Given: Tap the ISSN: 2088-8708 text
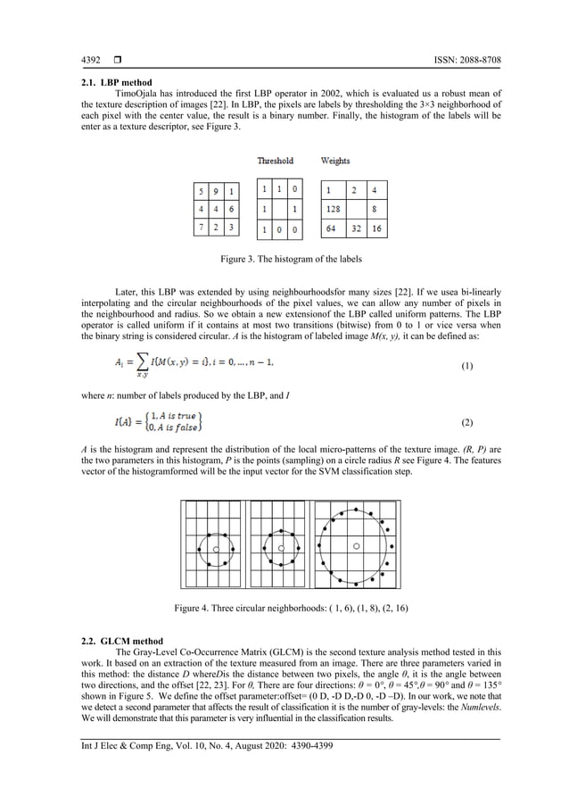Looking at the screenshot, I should (x=458, y=61).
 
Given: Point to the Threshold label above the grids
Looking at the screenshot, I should (x=276, y=161).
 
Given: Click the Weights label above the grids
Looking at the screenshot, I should (x=335, y=161).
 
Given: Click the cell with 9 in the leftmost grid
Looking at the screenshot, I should (x=217, y=191).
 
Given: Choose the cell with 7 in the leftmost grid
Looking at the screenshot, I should (x=202, y=228).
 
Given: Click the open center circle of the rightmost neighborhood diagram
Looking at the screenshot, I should (x=356, y=545).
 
